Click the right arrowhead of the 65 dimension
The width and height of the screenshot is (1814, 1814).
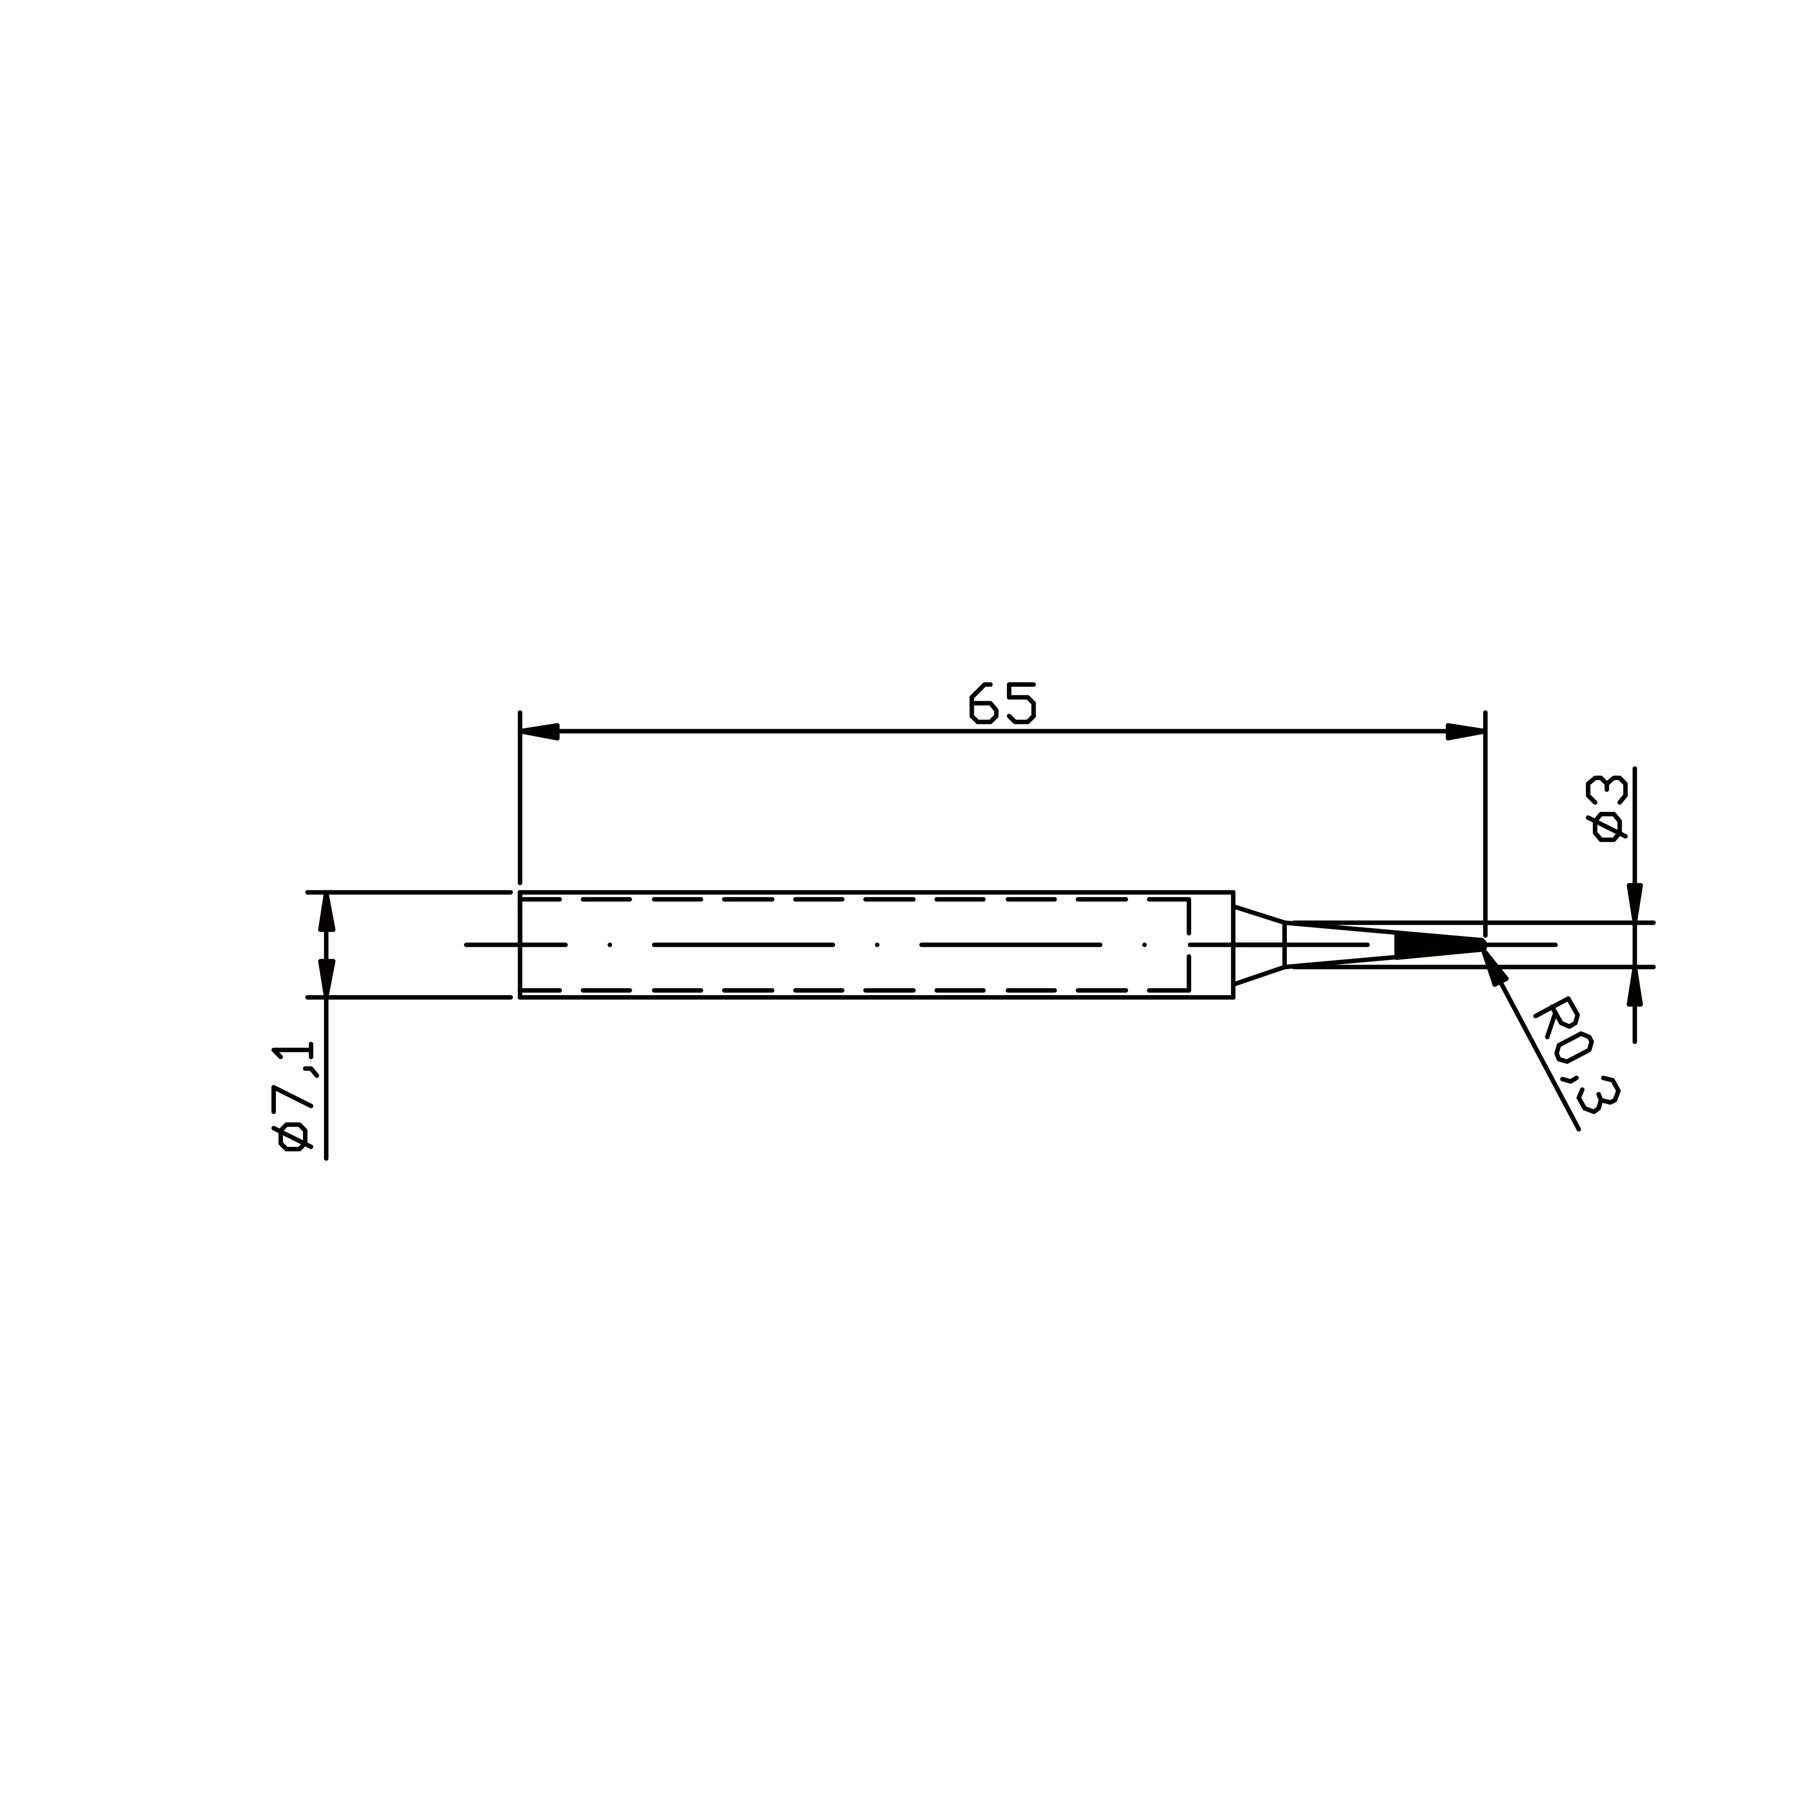[x=1466, y=731]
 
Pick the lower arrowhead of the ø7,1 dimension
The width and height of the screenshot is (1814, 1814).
[x=327, y=977]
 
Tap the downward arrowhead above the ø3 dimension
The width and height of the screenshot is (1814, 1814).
[x=1635, y=902]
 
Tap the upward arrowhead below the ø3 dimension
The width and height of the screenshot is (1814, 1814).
[x=1635, y=987]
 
